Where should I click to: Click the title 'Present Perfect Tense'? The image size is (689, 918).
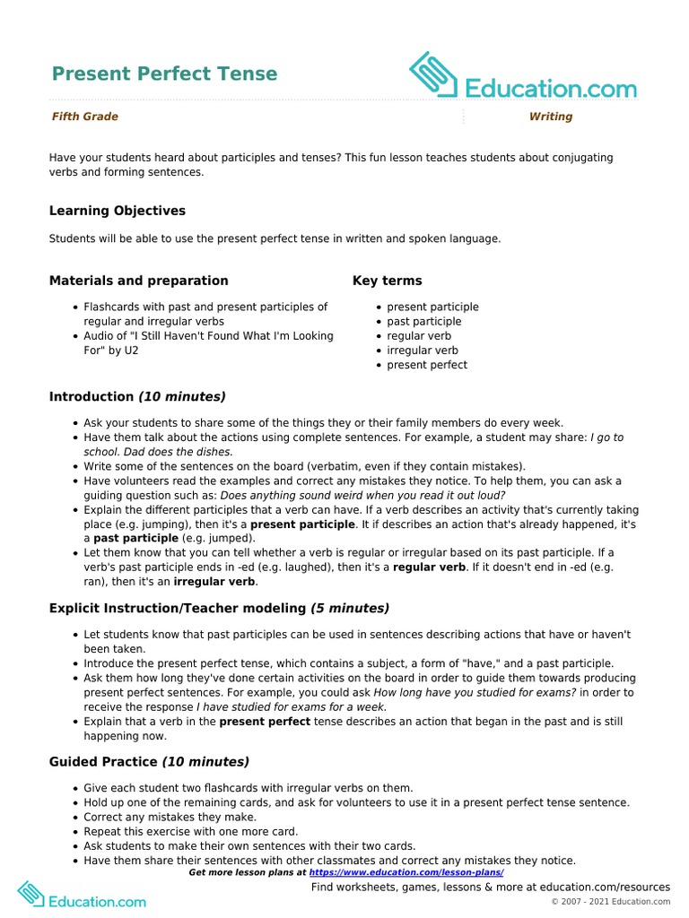click(164, 74)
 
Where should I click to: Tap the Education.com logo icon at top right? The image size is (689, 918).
click(434, 74)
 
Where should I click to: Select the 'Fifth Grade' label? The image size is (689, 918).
click(84, 117)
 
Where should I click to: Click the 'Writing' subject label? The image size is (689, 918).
click(550, 117)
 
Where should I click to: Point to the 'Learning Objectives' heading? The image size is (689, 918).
click(117, 211)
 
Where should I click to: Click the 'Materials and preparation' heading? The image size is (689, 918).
click(138, 281)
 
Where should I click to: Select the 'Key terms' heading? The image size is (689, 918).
click(387, 281)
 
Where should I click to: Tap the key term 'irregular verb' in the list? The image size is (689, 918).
click(422, 351)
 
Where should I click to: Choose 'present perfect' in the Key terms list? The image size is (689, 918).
click(426, 365)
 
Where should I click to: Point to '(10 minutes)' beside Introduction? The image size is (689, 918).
click(181, 396)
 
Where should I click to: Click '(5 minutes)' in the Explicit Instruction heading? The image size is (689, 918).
click(350, 609)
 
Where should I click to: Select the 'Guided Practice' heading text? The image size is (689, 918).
click(103, 762)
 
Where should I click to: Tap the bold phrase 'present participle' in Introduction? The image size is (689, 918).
click(302, 524)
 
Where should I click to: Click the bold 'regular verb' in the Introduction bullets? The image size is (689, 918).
click(429, 567)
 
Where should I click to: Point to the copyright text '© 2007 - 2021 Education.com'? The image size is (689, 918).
click(610, 901)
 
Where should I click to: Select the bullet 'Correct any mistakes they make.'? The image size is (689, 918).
click(170, 818)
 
